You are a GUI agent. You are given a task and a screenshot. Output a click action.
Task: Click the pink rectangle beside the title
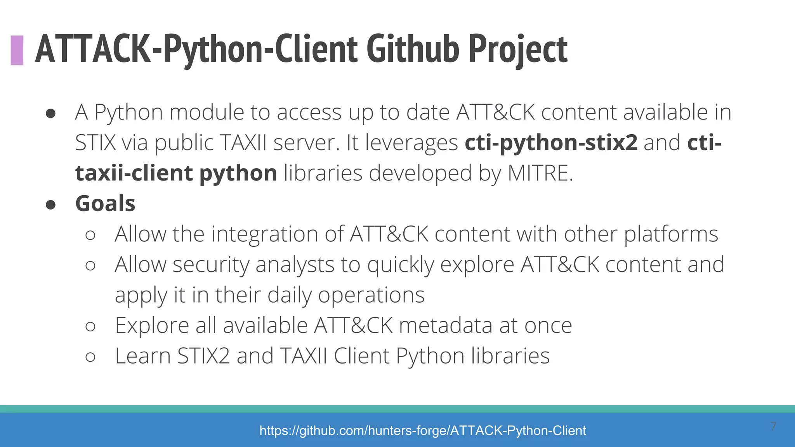[x=17, y=50]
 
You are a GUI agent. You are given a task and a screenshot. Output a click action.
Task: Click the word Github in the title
[x=412, y=49]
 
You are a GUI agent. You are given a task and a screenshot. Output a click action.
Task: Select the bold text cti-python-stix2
[x=551, y=142]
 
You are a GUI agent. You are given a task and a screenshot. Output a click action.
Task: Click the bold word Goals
[x=105, y=203]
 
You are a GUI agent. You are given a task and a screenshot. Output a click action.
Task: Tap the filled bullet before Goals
[x=50, y=204]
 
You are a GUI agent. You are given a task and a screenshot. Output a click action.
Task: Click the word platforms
[x=671, y=234]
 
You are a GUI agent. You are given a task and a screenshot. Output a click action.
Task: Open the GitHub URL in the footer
[x=422, y=430]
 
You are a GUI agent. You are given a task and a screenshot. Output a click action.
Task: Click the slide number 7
[x=773, y=426]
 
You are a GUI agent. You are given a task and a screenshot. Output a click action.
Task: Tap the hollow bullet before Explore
[x=90, y=326]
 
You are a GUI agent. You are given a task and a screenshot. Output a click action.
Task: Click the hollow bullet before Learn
[x=90, y=357]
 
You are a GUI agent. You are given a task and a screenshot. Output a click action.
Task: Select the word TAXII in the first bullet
[x=243, y=142]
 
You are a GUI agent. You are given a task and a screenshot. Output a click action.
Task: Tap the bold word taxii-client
[x=134, y=173]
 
